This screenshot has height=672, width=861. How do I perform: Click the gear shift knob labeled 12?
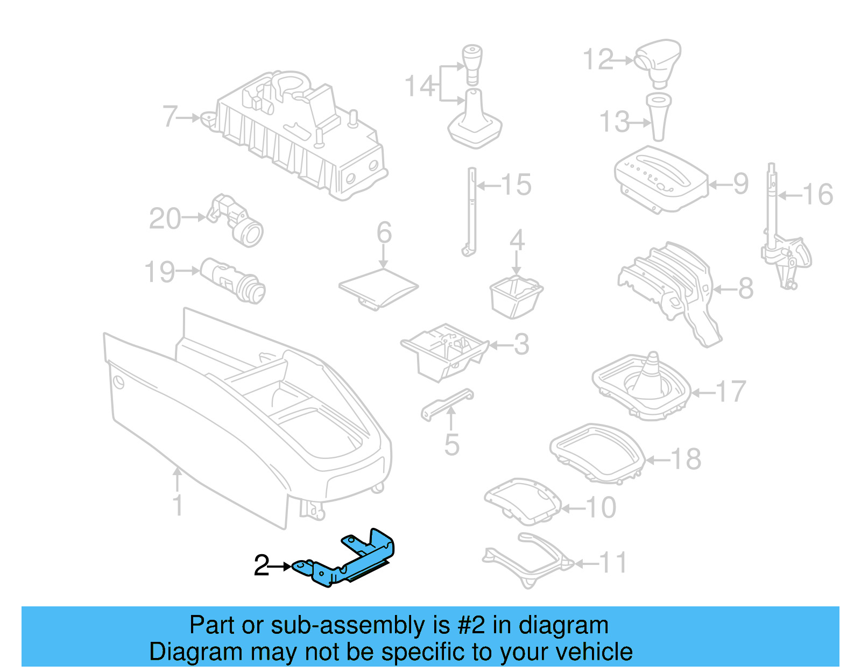pyautogui.click(x=658, y=60)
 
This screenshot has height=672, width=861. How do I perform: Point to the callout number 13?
pyautogui.click(x=614, y=122)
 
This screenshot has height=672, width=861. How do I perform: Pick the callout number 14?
pyautogui.click(x=419, y=86)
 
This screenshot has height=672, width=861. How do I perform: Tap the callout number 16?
pyautogui.click(x=817, y=194)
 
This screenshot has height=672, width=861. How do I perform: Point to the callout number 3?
pyautogui.click(x=521, y=344)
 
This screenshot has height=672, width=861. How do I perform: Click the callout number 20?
pyautogui.click(x=165, y=218)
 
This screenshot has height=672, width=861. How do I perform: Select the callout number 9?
pyautogui.click(x=740, y=184)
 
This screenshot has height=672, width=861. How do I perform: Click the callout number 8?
pyautogui.click(x=745, y=288)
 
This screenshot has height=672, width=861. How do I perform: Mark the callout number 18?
pyautogui.click(x=686, y=459)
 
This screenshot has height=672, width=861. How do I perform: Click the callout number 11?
pyautogui.click(x=613, y=563)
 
